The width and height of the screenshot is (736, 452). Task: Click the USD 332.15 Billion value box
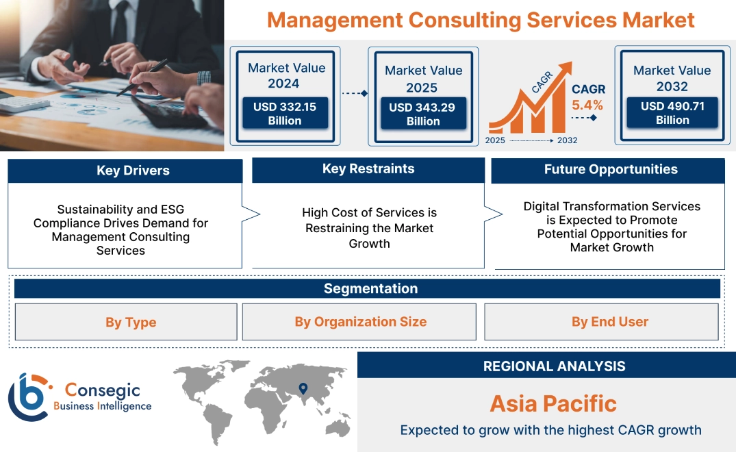[x=284, y=114]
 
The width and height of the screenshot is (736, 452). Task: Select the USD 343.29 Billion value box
[x=423, y=114]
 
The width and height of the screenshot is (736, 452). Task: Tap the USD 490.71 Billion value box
[x=672, y=113]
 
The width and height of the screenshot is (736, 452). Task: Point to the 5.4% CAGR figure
[x=587, y=105]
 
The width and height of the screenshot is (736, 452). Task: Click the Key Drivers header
[x=133, y=171]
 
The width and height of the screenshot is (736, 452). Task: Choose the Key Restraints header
[x=368, y=169]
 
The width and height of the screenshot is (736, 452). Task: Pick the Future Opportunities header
[x=611, y=169]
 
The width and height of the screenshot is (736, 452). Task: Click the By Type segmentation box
[x=131, y=322]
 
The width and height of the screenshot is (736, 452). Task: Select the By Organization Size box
[x=360, y=322]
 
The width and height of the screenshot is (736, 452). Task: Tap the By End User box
[x=609, y=322]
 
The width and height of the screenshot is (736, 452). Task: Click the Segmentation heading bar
[x=370, y=288]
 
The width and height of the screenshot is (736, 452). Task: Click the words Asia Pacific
[x=553, y=403]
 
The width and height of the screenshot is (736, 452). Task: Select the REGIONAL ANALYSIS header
[x=554, y=366]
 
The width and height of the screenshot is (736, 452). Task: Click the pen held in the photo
[x=144, y=76]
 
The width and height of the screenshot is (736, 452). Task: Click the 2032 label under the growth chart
[x=567, y=140]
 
